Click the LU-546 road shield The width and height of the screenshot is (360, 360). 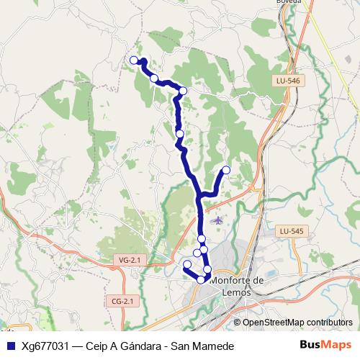[288, 81]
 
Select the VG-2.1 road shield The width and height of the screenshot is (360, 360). [127, 258]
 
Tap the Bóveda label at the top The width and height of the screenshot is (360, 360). [288, 2]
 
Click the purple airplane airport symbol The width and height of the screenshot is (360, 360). [218, 219]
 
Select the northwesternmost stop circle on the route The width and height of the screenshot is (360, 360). [133, 60]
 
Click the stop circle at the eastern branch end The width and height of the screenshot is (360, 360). [226, 170]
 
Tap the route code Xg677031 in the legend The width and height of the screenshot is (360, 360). [48, 346]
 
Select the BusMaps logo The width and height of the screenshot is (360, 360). [325, 345]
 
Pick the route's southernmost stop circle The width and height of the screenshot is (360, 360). [201, 279]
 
